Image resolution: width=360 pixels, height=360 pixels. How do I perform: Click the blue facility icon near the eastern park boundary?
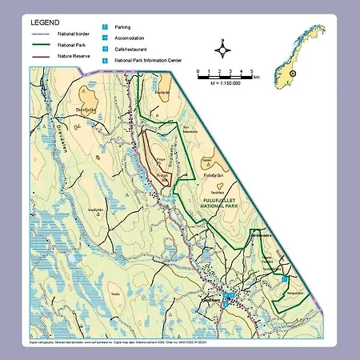pyautogui.click(x=284, y=278)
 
